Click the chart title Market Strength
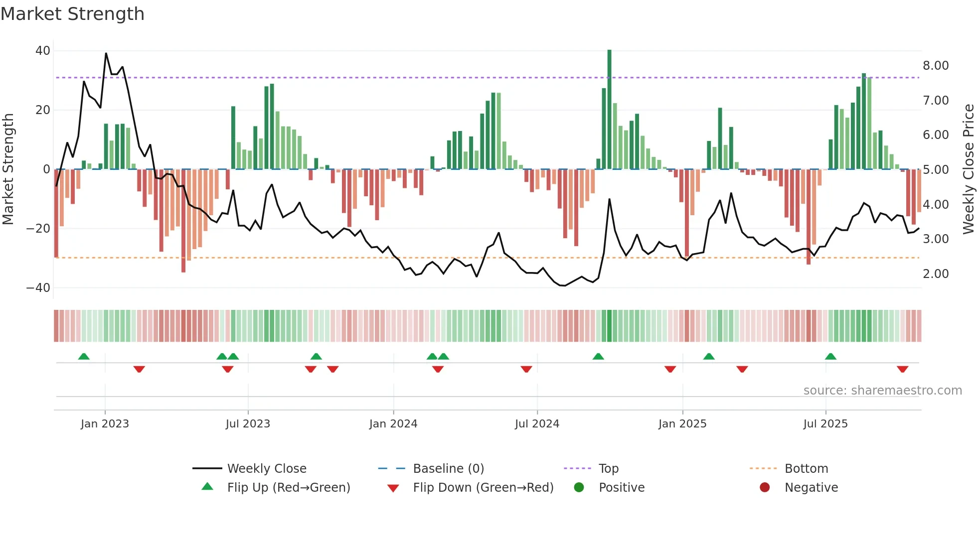72,14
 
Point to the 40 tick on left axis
43,51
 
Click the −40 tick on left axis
38,288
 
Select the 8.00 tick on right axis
936,66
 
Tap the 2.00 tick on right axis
936,274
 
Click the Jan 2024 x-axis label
393,424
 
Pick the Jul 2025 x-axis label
825,424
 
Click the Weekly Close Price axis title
968,169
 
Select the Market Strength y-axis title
8,169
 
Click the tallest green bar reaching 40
609,110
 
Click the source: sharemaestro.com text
882,391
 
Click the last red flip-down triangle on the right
902,369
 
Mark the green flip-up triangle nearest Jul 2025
830,357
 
